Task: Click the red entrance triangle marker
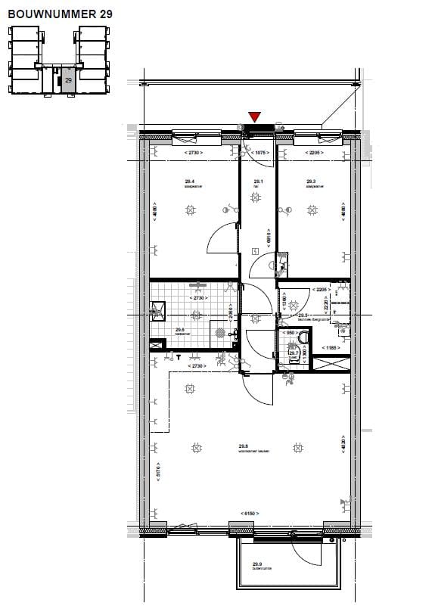[255, 116]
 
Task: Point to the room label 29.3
[310, 182]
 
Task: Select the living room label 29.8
[244, 446]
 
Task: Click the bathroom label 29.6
[180, 329]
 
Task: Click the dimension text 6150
[250, 514]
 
